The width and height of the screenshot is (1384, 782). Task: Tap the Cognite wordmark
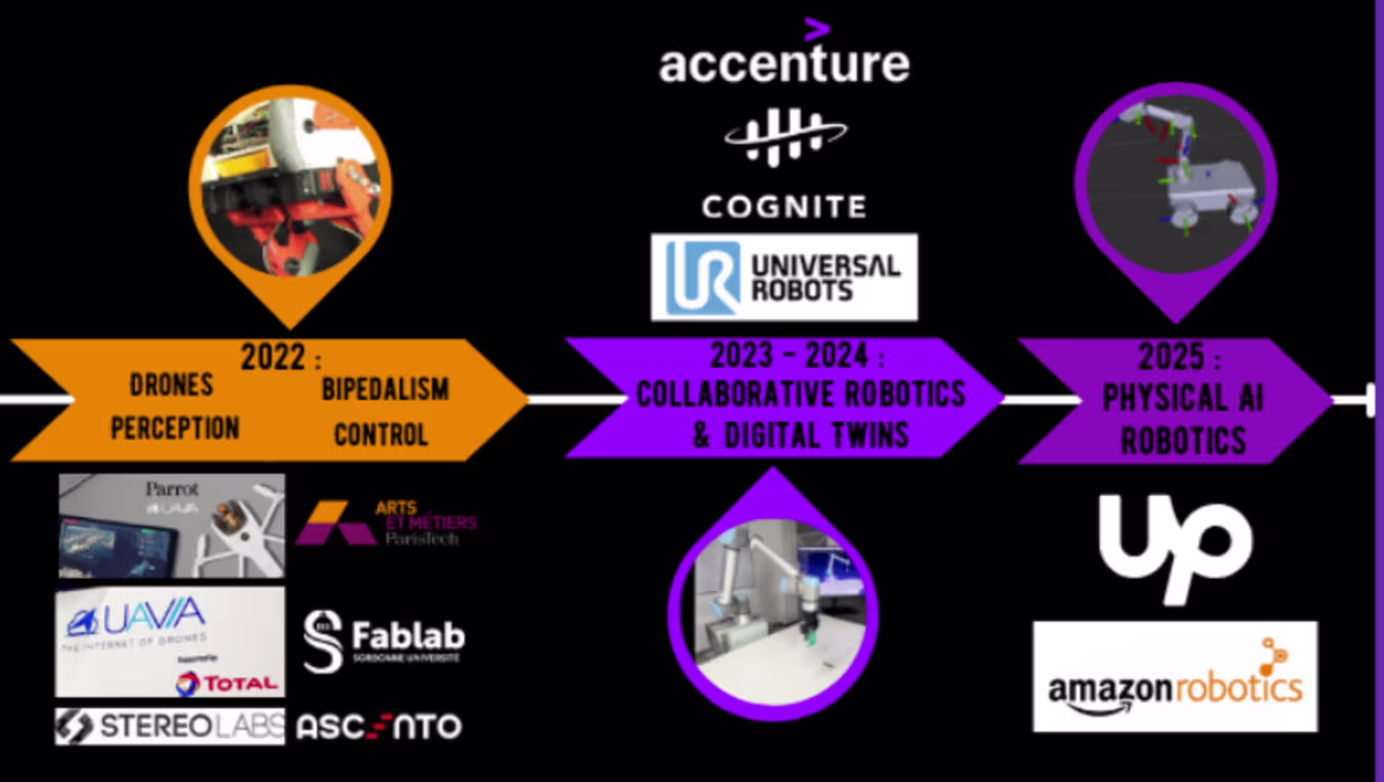point(784,206)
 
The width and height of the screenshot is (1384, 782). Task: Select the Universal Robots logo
point(784,277)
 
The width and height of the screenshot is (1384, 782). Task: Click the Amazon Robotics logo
point(1175,677)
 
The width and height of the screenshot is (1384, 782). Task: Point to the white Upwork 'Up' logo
point(1175,547)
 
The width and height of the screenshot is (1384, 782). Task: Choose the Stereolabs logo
point(171,727)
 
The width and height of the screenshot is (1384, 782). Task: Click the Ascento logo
point(379,728)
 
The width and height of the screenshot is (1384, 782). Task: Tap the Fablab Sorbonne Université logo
point(385,640)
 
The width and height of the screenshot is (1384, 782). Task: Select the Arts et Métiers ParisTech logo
point(386,523)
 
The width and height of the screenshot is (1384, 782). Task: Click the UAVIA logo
point(138,619)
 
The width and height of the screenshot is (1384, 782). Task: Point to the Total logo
point(227,682)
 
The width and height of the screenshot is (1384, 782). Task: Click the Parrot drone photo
point(172,526)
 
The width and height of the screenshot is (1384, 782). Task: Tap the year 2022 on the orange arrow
point(273,356)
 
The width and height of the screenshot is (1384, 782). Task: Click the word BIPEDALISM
point(385,390)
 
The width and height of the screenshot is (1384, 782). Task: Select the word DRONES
point(172,385)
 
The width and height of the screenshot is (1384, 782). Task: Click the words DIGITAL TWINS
point(816,435)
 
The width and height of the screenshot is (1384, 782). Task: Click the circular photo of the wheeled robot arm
point(1175,182)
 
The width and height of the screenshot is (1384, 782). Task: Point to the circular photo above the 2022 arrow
point(291,186)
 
